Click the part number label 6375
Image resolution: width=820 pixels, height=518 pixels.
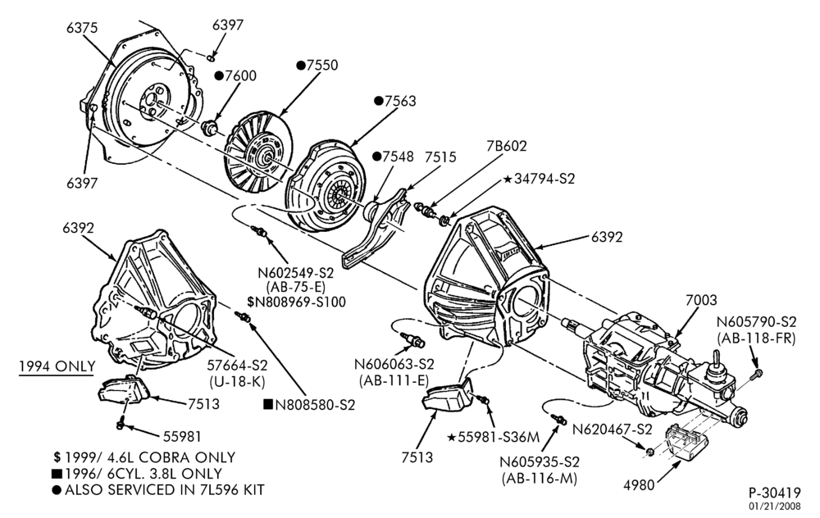tap(81, 27)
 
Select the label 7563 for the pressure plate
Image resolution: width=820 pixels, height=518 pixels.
tap(400, 101)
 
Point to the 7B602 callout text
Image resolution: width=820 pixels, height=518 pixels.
tap(506, 146)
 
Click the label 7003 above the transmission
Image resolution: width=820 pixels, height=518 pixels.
tap(701, 300)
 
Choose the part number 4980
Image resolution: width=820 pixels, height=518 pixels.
tap(639, 485)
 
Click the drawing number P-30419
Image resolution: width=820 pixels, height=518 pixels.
tap(775, 493)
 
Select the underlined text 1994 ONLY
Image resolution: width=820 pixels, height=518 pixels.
tap(57, 366)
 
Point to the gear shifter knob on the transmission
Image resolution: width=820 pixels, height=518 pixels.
tap(713, 359)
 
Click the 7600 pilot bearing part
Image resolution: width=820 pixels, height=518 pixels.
tap(211, 126)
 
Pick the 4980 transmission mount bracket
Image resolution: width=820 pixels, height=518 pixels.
tap(685, 443)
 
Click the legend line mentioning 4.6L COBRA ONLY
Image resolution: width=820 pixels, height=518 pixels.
tap(144, 457)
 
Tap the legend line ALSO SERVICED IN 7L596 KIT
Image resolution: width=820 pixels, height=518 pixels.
tap(158, 490)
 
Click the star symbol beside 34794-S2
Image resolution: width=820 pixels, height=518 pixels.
tap(508, 179)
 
